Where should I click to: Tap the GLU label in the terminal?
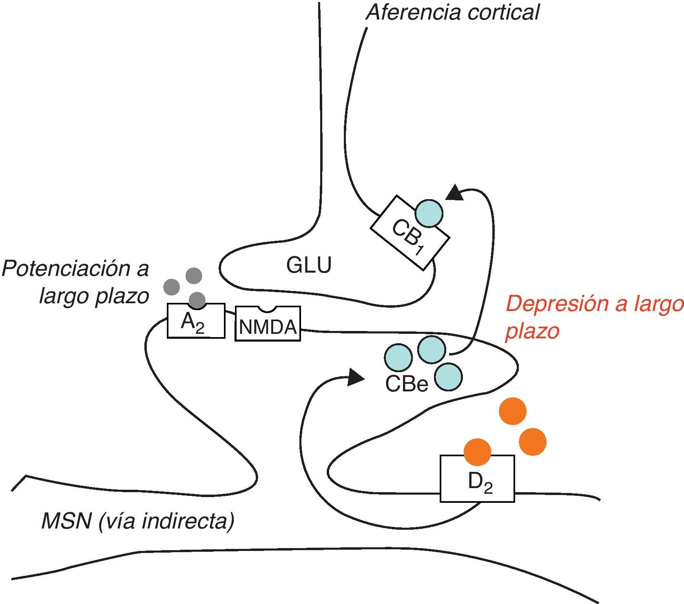point(309,265)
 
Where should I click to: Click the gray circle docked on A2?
point(197,300)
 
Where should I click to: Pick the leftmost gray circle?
point(171,287)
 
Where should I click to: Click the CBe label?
point(407,384)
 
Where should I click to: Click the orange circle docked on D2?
point(478,452)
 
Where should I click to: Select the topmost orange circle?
point(513,411)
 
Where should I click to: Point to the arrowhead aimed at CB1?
point(455,193)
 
